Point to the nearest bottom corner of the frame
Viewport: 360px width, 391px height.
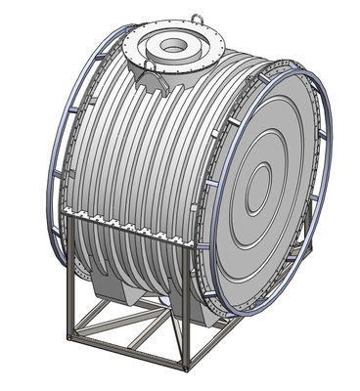click(185, 369)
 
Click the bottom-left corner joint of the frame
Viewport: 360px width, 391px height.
click(70, 337)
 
